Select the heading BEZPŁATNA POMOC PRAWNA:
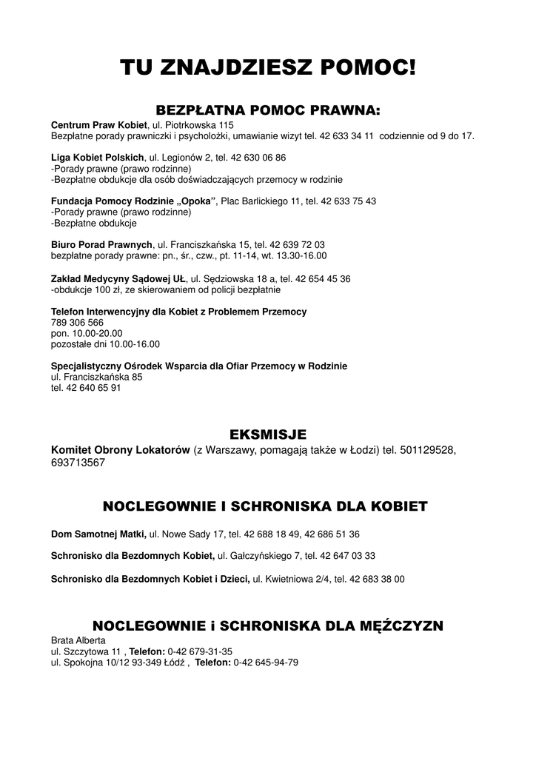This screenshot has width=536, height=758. pos(268,110)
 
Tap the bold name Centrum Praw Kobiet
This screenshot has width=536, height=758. pos(99,125)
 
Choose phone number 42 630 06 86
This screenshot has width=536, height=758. pos(258,158)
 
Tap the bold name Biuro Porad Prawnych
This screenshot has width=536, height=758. pos(101,244)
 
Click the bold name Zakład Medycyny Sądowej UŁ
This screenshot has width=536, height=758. pos(118,278)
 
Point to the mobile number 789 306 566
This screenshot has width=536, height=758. pos(77,323)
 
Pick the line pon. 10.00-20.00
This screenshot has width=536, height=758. pos(87,333)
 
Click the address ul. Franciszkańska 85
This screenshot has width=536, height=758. pos(96,377)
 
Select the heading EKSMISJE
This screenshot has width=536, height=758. pos(268,434)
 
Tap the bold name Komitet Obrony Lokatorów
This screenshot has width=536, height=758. pos(121,450)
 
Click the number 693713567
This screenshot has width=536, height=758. pos(78,463)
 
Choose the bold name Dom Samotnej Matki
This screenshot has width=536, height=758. pos(98,534)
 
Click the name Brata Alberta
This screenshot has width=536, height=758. pos(78,640)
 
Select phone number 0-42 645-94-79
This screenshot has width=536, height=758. pos(266,663)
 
